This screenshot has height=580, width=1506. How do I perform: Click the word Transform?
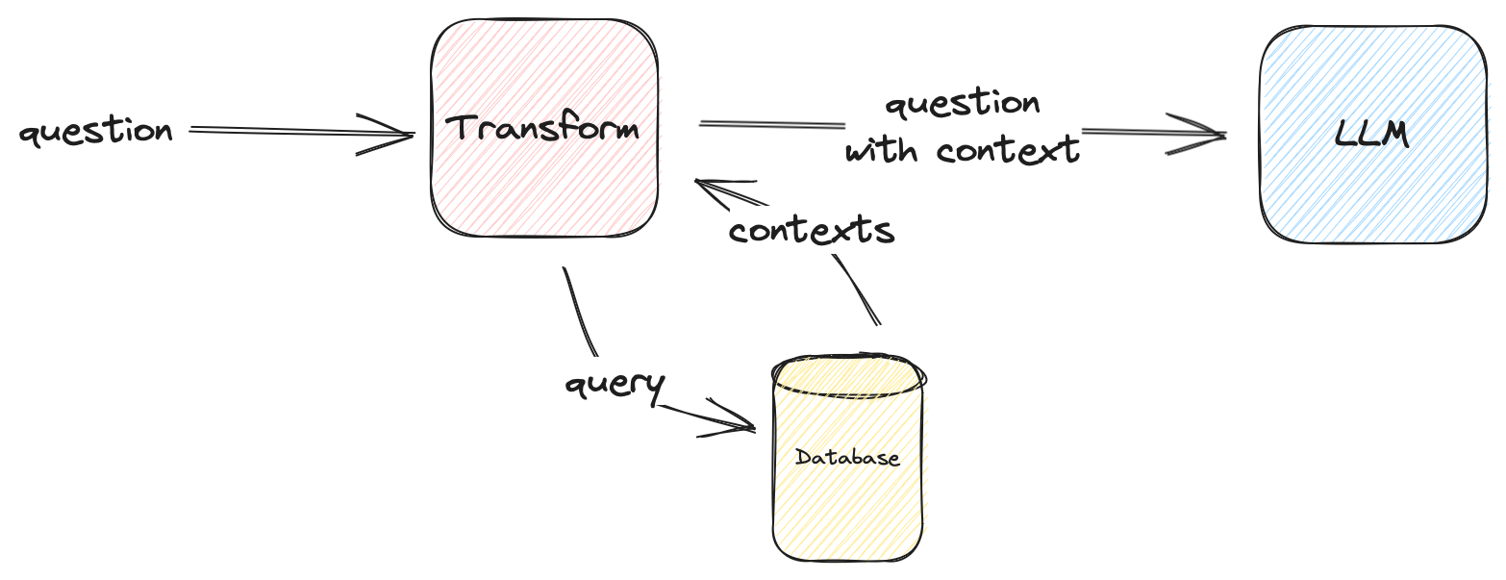click(x=544, y=128)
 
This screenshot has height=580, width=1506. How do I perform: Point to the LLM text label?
click(x=1372, y=135)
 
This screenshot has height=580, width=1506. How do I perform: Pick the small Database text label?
click(x=847, y=457)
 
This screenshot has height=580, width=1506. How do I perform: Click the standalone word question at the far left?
click(x=95, y=131)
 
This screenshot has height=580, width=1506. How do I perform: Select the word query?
click(x=615, y=385)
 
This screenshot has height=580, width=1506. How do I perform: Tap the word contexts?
click(x=812, y=230)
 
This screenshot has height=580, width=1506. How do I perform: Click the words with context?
click(x=962, y=150)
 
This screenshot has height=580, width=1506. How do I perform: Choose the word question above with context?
click(x=962, y=104)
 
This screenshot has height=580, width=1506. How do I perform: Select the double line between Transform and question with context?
click(x=769, y=124)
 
